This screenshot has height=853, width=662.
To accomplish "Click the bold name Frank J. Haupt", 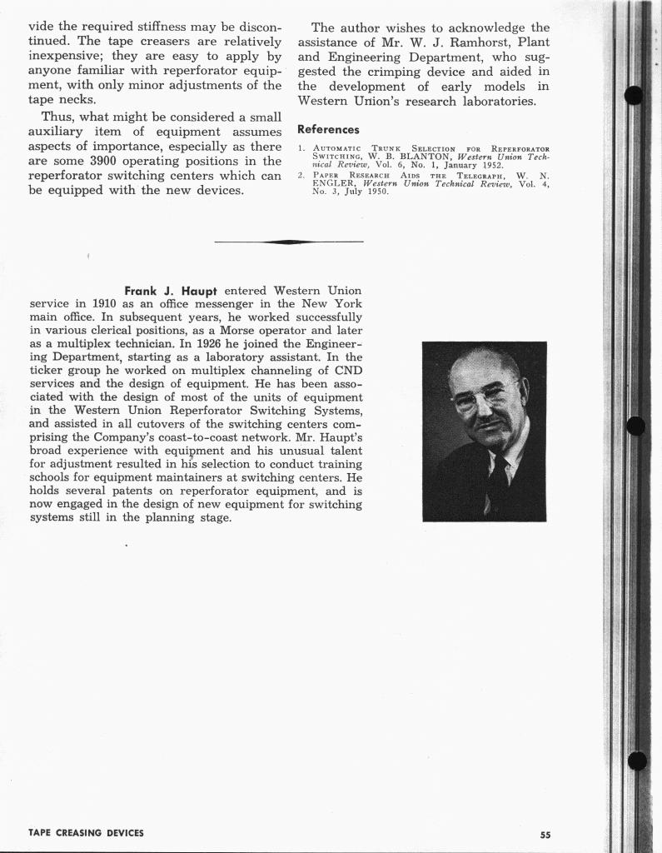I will (x=170, y=291).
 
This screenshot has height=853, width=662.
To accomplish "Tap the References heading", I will (x=328, y=130).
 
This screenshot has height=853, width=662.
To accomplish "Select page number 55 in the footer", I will (x=545, y=835).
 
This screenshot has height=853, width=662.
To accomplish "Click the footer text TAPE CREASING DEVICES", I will (x=86, y=833).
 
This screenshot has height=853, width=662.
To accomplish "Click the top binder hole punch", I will (x=634, y=96).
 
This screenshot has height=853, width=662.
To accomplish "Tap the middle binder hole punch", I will (x=635, y=426).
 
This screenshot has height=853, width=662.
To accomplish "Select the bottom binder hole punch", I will (x=637, y=761).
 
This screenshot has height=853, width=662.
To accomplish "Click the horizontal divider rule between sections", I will (x=288, y=242).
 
